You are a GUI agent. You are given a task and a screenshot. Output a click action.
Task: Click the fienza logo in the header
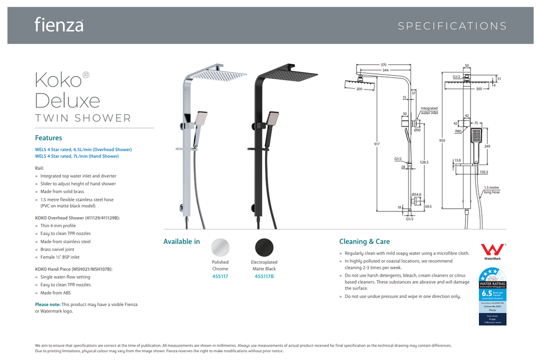[x=59, y=25]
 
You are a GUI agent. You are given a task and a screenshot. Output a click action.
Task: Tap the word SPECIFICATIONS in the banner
[x=452, y=26]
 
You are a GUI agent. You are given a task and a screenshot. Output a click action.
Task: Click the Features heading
[x=48, y=138]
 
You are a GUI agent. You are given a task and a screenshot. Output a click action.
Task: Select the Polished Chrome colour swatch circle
[x=220, y=247]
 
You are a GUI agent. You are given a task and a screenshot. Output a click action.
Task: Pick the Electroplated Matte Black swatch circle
[x=264, y=247]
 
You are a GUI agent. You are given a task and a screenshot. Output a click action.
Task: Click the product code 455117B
[x=264, y=276]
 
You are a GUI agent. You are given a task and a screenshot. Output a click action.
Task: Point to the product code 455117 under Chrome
[x=220, y=276]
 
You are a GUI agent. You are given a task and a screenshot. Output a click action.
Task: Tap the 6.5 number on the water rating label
[x=486, y=294]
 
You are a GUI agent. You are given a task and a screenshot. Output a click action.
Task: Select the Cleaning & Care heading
[x=364, y=242]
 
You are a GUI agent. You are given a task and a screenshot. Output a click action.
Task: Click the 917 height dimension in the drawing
[x=377, y=144]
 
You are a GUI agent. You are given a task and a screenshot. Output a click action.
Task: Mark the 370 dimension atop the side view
[x=383, y=65]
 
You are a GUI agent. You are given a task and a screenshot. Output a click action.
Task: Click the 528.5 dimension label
[x=424, y=162]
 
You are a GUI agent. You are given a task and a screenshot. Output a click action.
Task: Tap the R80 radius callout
[x=458, y=131]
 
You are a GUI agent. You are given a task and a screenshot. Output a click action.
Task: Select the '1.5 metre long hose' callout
[x=491, y=190]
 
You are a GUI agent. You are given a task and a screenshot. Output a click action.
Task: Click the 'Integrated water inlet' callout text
[x=429, y=111]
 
